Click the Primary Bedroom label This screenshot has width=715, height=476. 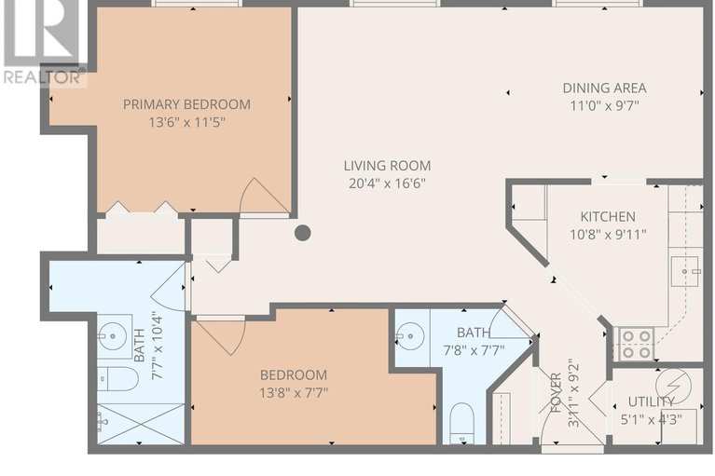pos(186,104)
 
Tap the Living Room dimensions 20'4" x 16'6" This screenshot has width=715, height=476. pos(387,184)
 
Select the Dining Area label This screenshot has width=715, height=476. pos(604,88)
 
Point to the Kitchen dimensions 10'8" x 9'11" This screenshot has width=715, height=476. pos(608,235)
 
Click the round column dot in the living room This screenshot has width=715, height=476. pos(303,233)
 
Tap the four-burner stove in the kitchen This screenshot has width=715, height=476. pos(636,345)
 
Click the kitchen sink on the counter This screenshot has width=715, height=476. pos(684,271)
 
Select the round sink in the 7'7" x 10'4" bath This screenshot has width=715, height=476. pos(113,336)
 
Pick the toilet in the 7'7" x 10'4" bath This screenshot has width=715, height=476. pos(117,378)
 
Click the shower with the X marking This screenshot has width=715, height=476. pos(141,423)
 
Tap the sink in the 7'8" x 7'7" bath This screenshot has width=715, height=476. pos(410,336)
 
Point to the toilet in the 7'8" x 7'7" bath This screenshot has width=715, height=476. pos(462,423)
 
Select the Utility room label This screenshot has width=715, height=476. pos(652,401)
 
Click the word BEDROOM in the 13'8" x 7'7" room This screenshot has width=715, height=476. pos(294,374)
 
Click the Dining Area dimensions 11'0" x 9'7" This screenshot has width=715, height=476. pos(604,105)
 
